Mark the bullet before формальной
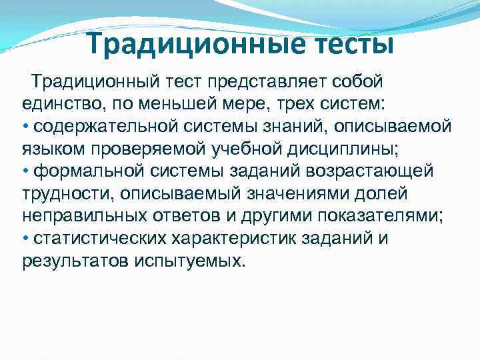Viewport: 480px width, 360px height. pos(25,171)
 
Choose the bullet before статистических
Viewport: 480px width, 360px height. pos(25,237)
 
